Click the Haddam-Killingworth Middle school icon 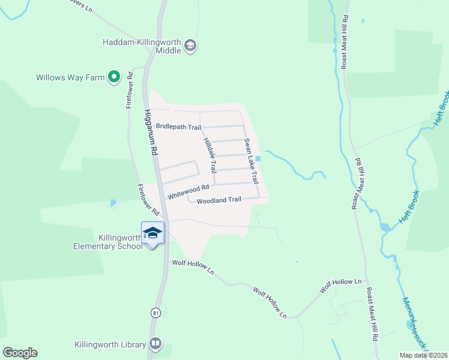190,46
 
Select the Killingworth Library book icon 155,344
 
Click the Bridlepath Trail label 178,127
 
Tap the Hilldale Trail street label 208,149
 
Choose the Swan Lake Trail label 250,161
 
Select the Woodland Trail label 218,200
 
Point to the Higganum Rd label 150,132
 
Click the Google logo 20,353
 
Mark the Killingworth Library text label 110,344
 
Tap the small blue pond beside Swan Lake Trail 258,159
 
